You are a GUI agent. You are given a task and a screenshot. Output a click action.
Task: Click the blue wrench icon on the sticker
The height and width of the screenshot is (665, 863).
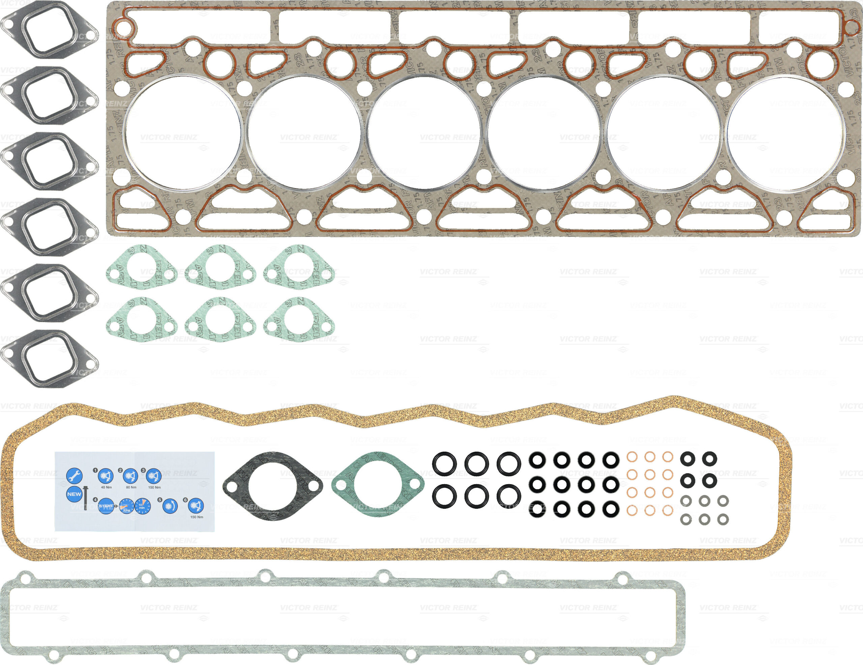pyautogui.click(x=74, y=476)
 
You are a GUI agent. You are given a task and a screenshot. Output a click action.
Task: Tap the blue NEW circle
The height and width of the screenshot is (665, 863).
pyautogui.click(x=74, y=494)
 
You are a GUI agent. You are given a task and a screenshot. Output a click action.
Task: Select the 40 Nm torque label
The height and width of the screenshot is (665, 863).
pyautogui.click(x=106, y=487)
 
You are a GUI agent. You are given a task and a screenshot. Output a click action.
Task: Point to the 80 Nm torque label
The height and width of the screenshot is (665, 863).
pyautogui.click(x=131, y=487)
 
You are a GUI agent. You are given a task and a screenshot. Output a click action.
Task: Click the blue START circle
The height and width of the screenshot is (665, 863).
pyautogui.click(x=106, y=506)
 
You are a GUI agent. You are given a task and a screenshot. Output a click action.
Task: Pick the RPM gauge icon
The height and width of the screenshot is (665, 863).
pyautogui.click(x=126, y=506)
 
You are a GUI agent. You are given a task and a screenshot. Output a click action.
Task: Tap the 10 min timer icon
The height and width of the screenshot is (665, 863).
pyautogui.click(x=142, y=506)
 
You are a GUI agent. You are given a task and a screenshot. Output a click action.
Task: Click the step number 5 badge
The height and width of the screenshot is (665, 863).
pyautogui.click(x=160, y=500)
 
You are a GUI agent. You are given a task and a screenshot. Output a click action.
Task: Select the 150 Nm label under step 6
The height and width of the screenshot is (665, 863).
pyautogui.click(x=197, y=517)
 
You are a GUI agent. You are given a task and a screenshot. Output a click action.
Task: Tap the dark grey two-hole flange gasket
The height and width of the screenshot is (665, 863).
pyautogui.click(x=273, y=486)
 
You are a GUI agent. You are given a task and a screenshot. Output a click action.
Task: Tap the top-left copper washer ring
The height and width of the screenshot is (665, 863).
pyautogui.click(x=632, y=457)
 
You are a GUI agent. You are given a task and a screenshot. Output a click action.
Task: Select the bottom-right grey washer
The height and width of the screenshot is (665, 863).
pyautogui.click(x=723, y=520)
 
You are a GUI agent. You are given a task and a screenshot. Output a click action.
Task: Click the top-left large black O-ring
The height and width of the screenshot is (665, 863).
pyautogui.click(x=444, y=463)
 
